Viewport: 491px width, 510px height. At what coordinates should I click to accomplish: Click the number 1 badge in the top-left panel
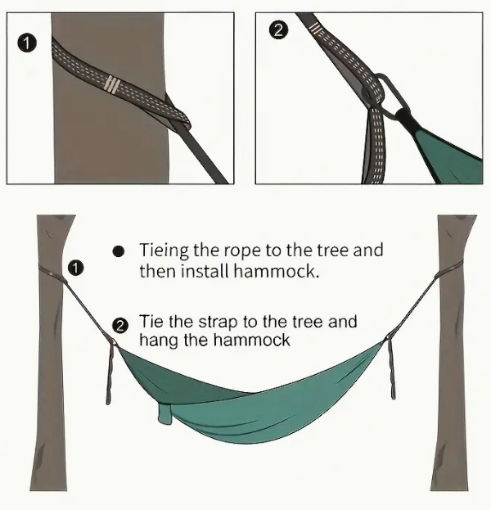[27, 43]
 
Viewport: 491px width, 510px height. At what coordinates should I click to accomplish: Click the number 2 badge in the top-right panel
[279, 30]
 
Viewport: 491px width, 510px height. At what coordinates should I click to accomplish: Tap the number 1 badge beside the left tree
[76, 269]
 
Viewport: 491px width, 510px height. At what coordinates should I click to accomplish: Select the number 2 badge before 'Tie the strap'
[120, 326]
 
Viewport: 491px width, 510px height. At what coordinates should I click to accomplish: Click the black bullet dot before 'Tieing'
[119, 251]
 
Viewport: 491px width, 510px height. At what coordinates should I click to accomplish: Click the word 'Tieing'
[164, 250]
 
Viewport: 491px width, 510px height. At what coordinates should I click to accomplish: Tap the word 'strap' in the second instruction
[218, 323]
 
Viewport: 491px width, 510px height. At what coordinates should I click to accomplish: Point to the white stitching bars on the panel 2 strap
[316, 29]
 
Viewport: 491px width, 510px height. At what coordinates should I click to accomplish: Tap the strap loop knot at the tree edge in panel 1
[178, 115]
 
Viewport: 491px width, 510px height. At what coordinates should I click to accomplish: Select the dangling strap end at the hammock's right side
[391, 368]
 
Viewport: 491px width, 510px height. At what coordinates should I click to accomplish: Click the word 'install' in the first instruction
[207, 271]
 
